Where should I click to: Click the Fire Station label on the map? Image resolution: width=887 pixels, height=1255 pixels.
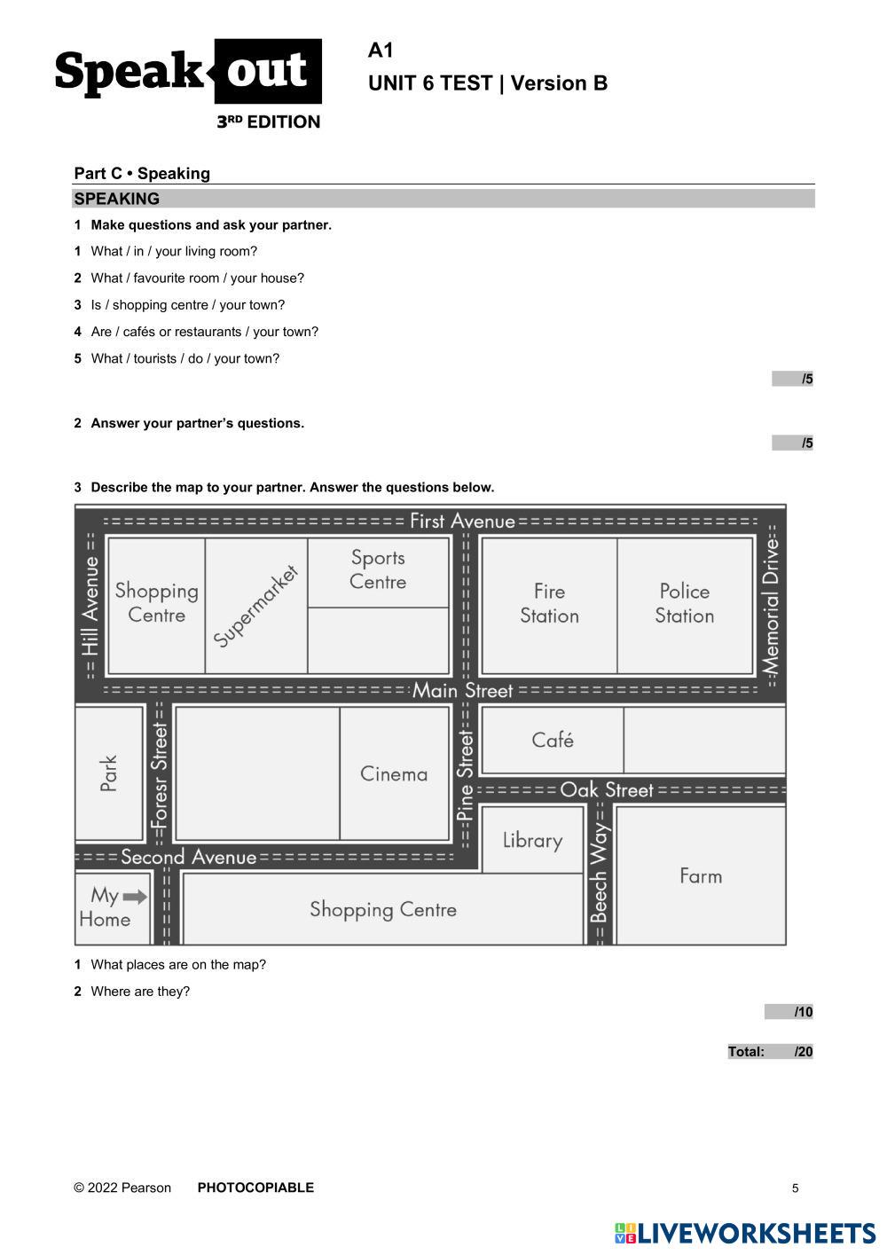(x=549, y=603)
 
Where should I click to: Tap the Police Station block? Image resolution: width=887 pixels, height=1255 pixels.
(x=685, y=603)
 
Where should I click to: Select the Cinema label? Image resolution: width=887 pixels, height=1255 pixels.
(x=394, y=774)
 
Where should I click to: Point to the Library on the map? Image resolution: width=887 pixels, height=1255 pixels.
(x=532, y=840)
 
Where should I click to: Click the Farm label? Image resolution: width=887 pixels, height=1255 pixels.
(x=701, y=876)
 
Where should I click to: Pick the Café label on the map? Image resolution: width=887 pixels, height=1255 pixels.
(x=553, y=740)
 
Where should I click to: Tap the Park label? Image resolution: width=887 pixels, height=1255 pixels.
(x=109, y=773)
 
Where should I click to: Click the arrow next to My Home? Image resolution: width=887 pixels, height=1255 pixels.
(x=135, y=896)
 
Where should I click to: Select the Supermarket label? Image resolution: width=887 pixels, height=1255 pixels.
(x=256, y=605)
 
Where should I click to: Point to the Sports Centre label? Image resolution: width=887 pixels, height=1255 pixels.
(x=378, y=569)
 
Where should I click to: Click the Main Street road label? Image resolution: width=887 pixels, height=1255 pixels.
(x=462, y=690)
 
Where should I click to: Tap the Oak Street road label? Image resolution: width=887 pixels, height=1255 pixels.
(x=607, y=789)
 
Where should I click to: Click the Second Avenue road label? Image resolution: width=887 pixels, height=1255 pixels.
(x=188, y=857)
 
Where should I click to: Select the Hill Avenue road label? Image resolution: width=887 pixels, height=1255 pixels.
(x=90, y=605)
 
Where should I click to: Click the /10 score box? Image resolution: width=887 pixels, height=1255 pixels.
(x=789, y=1012)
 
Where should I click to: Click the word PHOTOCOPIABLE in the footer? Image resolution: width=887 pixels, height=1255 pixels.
(x=255, y=1188)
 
